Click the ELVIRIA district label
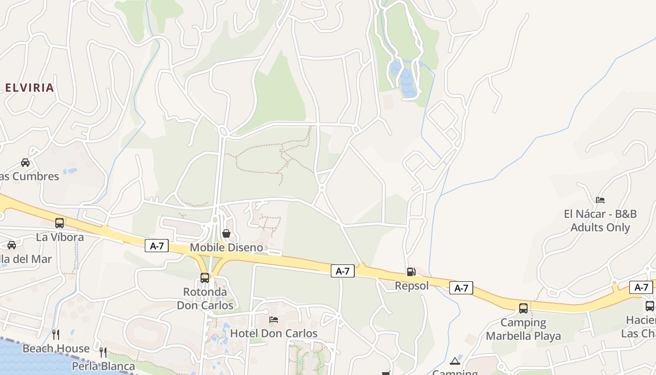pos(30,88)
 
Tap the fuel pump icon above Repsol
pos(411,272)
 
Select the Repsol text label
pos(411,285)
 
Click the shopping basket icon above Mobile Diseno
pos(226,233)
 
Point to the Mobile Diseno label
pos(226,247)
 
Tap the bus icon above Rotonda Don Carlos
pos(205,277)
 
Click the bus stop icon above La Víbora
pos(60,223)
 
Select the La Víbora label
pos(60,237)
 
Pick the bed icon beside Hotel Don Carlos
pos(274,320)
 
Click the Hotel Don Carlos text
pos(274,333)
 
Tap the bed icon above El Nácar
pos(600,200)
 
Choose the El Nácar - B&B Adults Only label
pos(600,221)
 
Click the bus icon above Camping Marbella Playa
pos(523,308)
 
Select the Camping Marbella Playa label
pos(523,329)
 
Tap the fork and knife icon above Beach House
pos(56,334)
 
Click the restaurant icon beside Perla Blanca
pos(103,352)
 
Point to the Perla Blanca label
pos(104,366)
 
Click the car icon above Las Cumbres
pos(25,163)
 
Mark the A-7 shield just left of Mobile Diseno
pos(157,246)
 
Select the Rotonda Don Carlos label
pos(205,299)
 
